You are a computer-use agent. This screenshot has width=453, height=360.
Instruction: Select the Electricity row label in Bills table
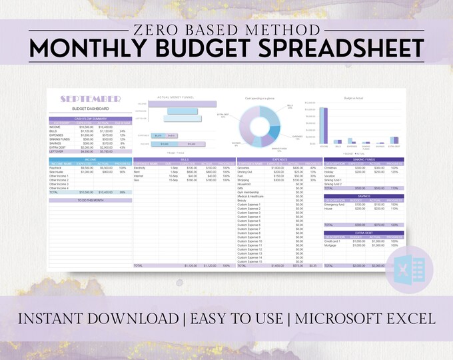click(141, 167)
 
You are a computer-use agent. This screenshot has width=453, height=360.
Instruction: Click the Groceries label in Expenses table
click(245, 167)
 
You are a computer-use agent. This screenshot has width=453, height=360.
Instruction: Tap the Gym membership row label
click(249, 192)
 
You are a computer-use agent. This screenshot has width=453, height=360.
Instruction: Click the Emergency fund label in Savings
click(335, 205)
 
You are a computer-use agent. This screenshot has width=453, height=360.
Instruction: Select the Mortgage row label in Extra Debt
click(331, 245)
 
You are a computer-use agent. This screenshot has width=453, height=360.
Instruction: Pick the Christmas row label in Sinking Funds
click(331, 167)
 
